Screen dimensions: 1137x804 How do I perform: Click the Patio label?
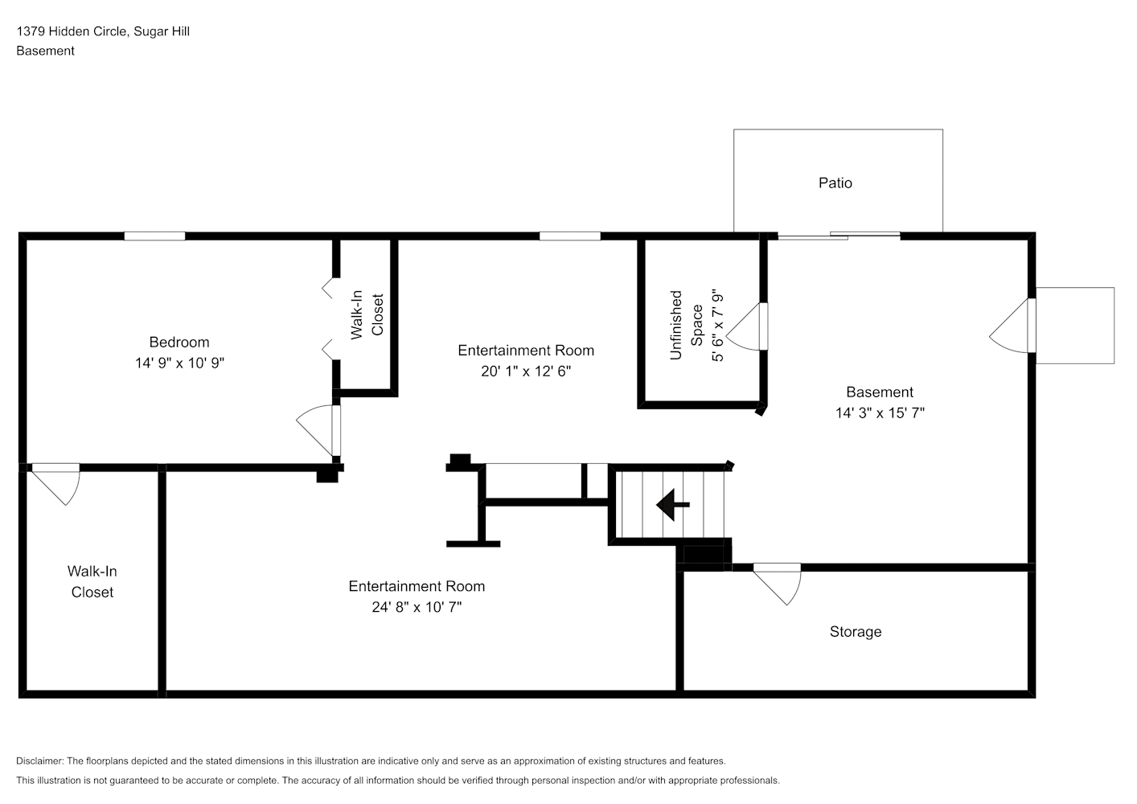(x=835, y=183)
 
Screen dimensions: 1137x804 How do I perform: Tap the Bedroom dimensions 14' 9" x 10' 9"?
(x=179, y=363)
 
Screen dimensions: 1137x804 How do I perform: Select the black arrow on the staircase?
(x=672, y=505)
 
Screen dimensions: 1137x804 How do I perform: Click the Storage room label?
(x=856, y=631)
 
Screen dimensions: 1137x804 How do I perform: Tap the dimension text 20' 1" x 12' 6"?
(x=526, y=371)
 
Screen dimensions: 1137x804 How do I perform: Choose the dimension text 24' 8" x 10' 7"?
(x=417, y=607)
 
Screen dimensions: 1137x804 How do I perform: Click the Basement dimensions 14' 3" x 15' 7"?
(x=880, y=413)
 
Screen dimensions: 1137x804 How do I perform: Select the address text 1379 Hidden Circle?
(x=72, y=31)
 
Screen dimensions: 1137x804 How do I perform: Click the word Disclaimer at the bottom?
(x=39, y=761)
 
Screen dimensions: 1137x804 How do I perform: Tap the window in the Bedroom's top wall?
(x=154, y=236)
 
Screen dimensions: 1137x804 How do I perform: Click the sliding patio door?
(x=839, y=236)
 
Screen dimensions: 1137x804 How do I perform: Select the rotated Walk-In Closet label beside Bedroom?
(x=367, y=314)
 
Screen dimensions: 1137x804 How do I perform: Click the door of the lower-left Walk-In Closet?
(x=55, y=484)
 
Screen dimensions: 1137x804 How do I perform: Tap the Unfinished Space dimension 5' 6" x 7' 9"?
(x=717, y=326)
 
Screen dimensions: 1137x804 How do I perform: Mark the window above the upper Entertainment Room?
(x=569, y=236)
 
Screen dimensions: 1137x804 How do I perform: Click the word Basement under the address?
(x=45, y=51)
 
